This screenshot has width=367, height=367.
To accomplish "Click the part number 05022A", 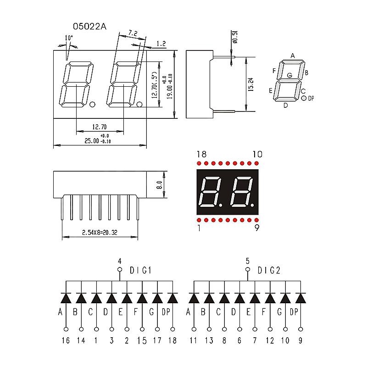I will tap(90, 27).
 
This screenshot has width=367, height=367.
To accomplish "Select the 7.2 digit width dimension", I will tap(133, 33).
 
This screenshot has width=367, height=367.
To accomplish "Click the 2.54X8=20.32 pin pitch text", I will tap(100, 233).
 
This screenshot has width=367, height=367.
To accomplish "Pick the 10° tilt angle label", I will tap(69, 38).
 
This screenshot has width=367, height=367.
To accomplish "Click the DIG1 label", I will tap(141, 271).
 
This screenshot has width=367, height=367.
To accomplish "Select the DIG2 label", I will tap(269, 271).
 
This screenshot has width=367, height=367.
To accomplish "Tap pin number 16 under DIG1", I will tap(66, 340).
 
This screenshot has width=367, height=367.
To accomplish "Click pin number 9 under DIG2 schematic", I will tap(300, 340).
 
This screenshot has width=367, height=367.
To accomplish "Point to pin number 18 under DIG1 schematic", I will tap(173, 340).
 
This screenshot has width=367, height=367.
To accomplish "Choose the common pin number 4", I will tap(120, 260).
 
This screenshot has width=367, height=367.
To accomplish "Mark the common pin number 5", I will tap(248, 260).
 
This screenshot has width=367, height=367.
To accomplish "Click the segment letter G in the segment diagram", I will tap(289, 75).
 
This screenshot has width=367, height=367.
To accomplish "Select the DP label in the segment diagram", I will tap(311, 98).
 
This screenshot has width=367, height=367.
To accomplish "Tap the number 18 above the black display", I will tap(200, 154).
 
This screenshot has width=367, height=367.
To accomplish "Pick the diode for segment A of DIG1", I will tap(66, 298).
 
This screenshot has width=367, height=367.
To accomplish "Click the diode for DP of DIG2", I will tap(300, 298).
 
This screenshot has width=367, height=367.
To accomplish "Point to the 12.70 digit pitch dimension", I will tap(99, 127).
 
